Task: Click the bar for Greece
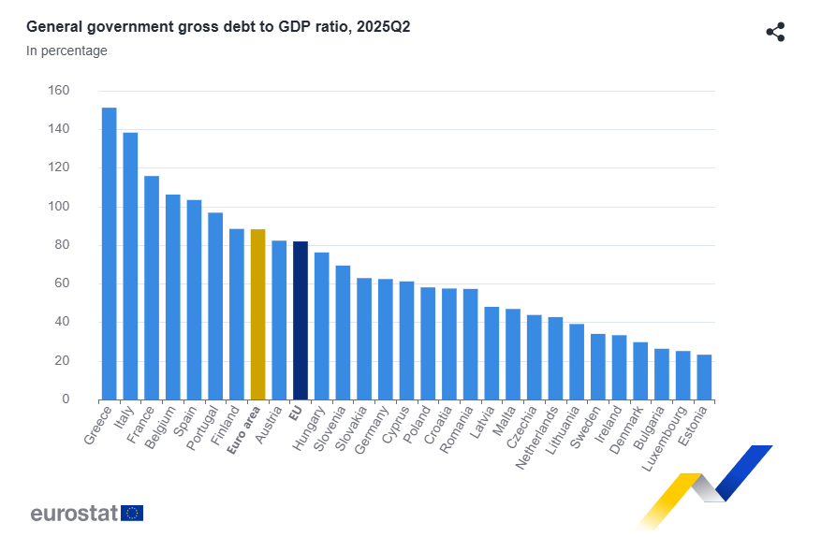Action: click(109, 254)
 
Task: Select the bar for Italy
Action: click(130, 267)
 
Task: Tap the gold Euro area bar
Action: click(257, 314)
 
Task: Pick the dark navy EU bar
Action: click(301, 321)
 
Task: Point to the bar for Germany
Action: click(385, 340)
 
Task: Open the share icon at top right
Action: click(775, 32)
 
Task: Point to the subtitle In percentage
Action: click(66, 51)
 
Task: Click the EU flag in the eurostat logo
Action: click(132, 513)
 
